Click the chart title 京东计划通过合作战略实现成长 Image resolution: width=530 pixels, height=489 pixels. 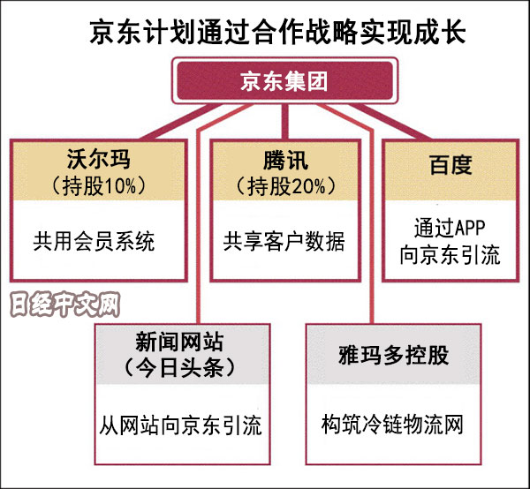pos(265,34)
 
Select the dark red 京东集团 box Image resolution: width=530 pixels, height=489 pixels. pos(283,82)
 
